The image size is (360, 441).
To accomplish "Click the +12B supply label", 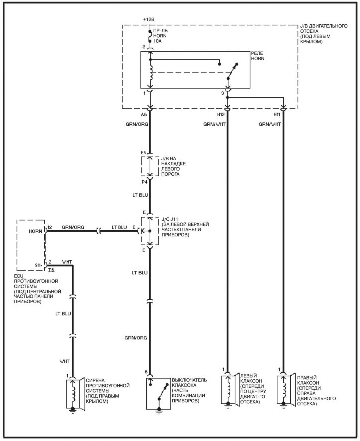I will [149, 19].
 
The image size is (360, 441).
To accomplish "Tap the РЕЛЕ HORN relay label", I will [258, 56].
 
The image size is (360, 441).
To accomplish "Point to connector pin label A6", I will [145, 114].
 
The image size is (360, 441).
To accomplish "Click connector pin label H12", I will [221, 114].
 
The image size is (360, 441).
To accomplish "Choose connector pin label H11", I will [277, 114].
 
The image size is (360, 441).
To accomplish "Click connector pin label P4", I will [143, 182].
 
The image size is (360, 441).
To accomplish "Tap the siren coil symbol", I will [74, 394].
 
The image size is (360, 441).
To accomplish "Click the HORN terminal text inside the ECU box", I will [35, 231].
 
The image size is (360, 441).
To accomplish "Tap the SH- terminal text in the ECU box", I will [37, 265].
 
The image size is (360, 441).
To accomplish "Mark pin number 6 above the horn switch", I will [146, 372].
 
